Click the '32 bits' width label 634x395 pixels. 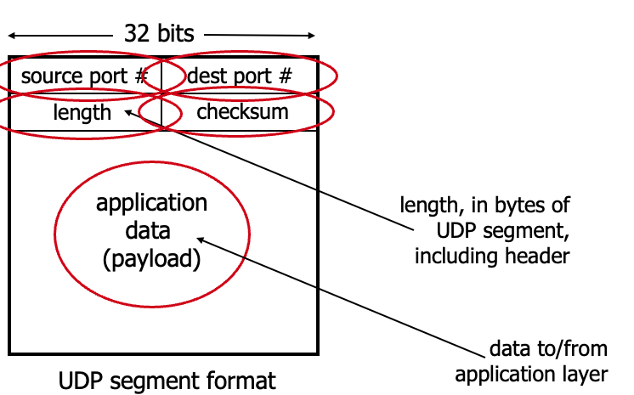(x=159, y=34)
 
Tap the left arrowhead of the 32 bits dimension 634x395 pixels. (x=13, y=36)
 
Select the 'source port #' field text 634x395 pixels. (x=84, y=76)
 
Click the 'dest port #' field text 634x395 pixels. (x=239, y=76)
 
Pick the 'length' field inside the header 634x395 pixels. (x=82, y=111)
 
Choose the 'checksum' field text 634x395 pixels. (x=242, y=111)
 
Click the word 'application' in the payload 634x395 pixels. (x=151, y=203)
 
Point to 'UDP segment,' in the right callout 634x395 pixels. (x=511, y=230)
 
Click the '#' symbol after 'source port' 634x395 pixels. (x=141, y=76)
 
